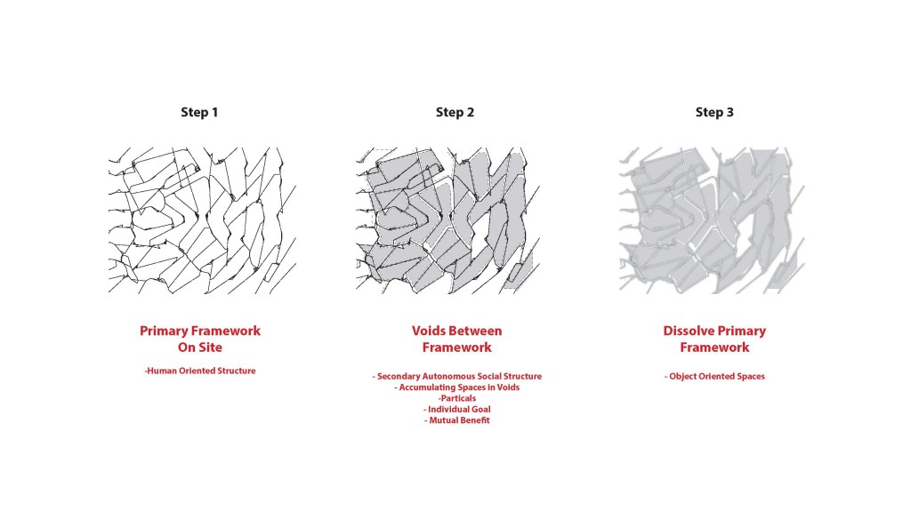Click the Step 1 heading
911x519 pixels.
(199, 112)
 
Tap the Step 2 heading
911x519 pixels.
(455, 112)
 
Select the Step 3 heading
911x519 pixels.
(714, 112)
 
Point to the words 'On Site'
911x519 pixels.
(200, 347)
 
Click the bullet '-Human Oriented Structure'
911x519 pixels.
(200, 371)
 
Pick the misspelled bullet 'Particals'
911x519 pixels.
(457, 398)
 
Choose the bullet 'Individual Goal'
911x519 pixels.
(457, 410)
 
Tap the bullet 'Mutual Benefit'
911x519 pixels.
(457, 420)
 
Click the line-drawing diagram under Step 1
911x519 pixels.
(202, 220)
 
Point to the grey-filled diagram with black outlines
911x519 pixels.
(448, 220)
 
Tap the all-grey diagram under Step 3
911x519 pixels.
(712, 220)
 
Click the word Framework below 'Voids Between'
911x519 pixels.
(456, 347)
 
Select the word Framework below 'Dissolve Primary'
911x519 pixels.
(714, 347)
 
